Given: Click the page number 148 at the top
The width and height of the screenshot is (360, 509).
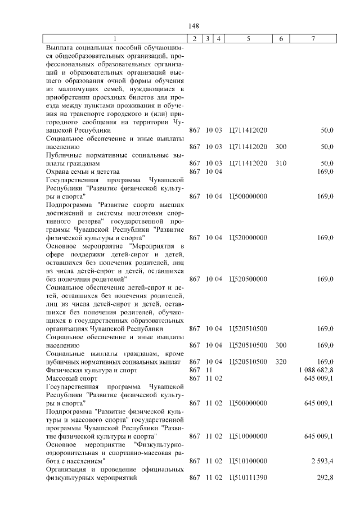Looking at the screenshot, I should (193, 26).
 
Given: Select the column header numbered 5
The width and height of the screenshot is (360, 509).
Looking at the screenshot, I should (248, 39).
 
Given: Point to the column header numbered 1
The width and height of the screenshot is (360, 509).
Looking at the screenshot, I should (115, 39).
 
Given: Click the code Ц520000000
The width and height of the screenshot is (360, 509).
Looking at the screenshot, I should (248, 238).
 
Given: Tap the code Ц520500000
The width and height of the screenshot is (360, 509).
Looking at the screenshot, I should (248, 279).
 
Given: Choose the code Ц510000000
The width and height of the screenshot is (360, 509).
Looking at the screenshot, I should (248, 436).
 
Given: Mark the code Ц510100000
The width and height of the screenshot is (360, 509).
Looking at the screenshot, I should (248, 461).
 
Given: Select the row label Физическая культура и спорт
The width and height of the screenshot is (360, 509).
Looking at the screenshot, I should (91, 371).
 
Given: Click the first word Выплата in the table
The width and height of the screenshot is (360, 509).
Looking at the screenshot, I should (60, 47).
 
